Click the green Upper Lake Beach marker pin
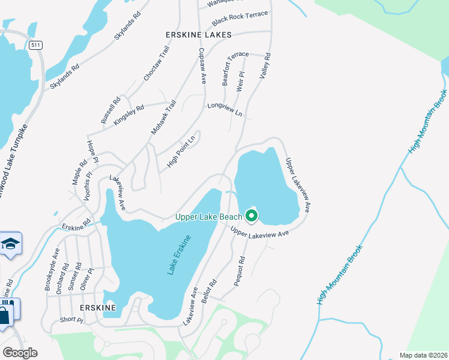click(252, 215)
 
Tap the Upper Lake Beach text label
click(208, 217)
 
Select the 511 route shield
click(37, 44)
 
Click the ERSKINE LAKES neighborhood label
click(199, 35)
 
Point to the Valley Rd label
click(264, 67)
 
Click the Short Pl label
click(71, 320)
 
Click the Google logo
click(20, 353)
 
